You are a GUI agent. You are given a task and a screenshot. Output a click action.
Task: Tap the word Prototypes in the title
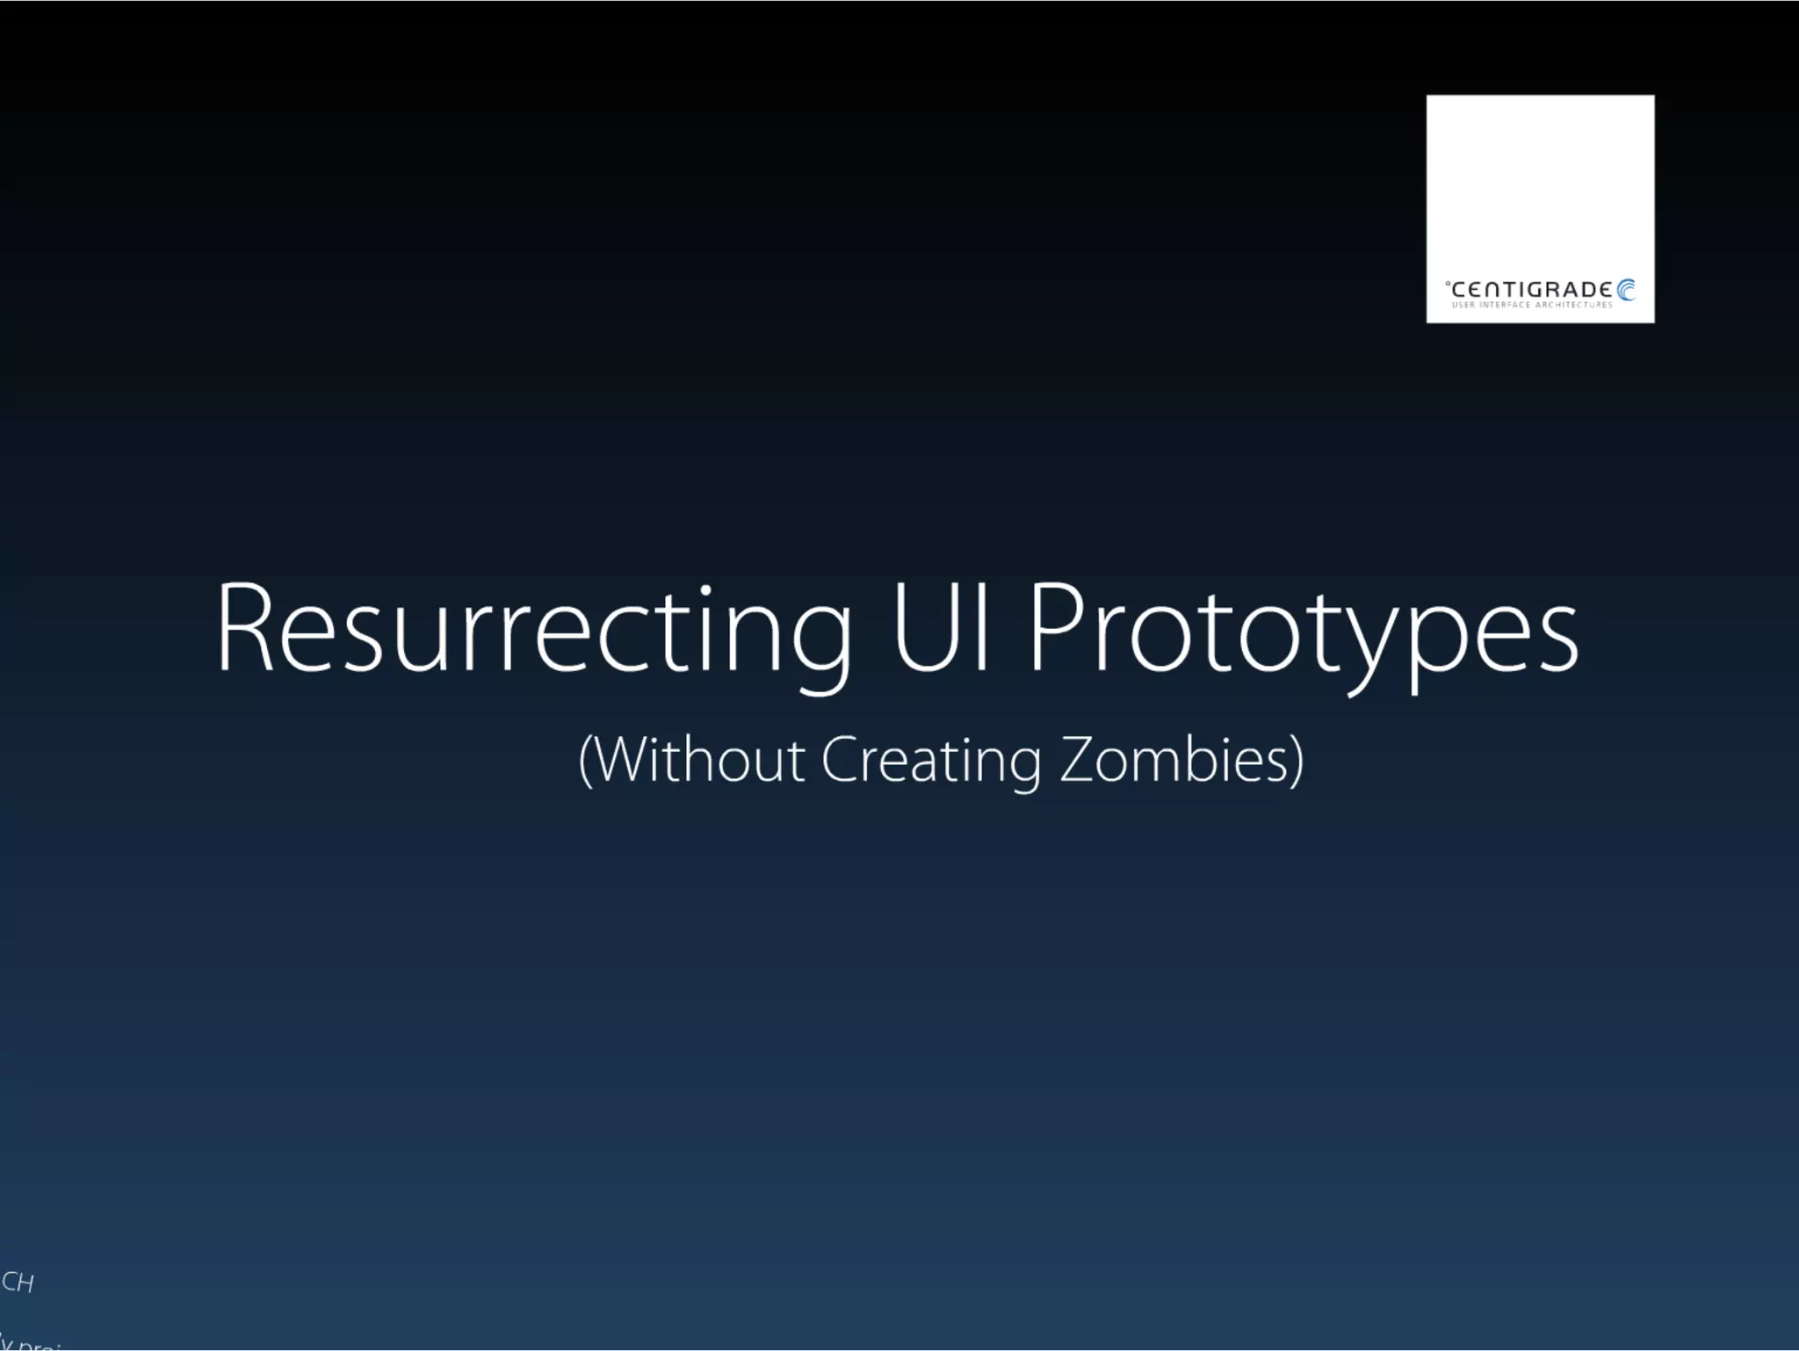[x=1304, y=629]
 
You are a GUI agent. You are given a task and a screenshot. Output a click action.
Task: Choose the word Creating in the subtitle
[x=932, y=761]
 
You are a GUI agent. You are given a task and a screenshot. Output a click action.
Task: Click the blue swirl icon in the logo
[x=1626, y=290]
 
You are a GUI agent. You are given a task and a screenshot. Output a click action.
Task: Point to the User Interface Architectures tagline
[x=1532, y=305]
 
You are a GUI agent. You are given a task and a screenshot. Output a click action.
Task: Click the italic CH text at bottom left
[x=18, y=1282]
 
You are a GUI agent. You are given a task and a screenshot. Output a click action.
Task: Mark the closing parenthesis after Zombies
[x=1297, y=761]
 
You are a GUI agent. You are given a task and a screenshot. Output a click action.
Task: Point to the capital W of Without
[x=625, y=759]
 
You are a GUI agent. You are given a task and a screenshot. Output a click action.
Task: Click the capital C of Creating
[x=840, y=759]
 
